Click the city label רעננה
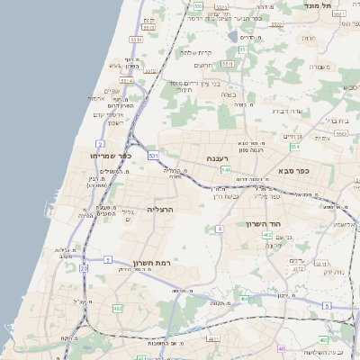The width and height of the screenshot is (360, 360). (219, 158)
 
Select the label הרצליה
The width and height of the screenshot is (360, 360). (159, 209)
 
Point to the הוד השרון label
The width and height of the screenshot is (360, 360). (264, 224)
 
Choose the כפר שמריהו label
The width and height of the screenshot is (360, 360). (112, 156)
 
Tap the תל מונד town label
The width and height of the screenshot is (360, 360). (346, 6)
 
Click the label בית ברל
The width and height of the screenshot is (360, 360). (336, 119)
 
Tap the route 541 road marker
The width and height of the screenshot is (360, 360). (226, 169)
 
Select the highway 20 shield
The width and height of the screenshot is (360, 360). (84, 267)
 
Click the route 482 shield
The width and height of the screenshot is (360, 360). (118, 308)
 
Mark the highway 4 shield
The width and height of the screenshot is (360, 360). (219, 229)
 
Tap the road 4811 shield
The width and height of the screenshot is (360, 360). (213, 339)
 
